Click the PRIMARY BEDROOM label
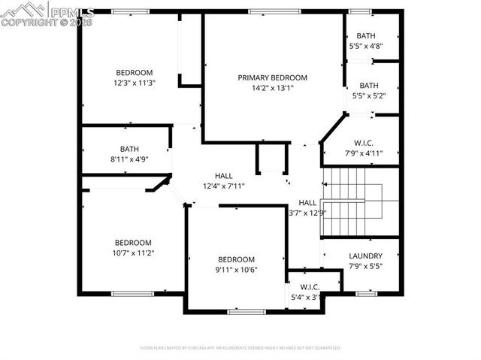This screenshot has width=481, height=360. coord(273,77)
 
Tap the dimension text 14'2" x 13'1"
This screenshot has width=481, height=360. coord(273,88)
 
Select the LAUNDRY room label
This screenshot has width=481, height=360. coord(365,256)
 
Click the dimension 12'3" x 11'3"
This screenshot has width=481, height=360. coord(135,83)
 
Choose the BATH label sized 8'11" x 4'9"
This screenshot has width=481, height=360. coord(129,149)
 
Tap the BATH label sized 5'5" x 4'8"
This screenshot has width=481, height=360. coord(366,35)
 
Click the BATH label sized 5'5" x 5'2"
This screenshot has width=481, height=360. coord(368,86)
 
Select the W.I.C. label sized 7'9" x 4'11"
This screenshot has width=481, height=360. coord(364,143)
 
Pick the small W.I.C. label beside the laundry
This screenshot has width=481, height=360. coord(310,286)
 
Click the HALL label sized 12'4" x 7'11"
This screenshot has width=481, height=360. coord(223,175)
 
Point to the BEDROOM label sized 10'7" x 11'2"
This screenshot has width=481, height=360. coord(133,243)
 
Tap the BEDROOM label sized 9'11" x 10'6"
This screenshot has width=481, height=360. coord(237,259)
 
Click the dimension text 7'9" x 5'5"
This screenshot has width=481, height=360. coord(365,266)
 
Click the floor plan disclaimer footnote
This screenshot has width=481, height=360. coord(240,348)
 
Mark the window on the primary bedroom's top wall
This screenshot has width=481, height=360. coord(272,11)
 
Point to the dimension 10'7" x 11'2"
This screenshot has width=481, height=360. coord(133,253)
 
